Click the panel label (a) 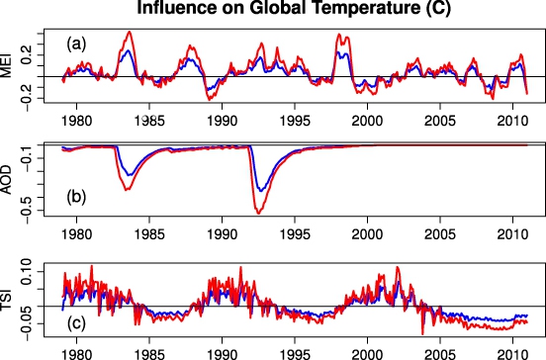[76, 45]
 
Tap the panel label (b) [76, 197]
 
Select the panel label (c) [76, 323]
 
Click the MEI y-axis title [6, 65]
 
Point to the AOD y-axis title [6, 180]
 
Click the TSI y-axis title [6, 300]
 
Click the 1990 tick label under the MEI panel [223, 121]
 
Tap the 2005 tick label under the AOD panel [440, 234]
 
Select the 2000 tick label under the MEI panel [367, 121]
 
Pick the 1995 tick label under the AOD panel [295, 234]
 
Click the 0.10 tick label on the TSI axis [27, 272]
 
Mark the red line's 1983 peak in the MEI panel [130, 32]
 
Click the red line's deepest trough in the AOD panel [259, 213]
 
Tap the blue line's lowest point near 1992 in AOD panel [260, 191]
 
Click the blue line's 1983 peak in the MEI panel [129, 50]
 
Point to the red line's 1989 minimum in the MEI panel [210, 100]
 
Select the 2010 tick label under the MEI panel [512, 121]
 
